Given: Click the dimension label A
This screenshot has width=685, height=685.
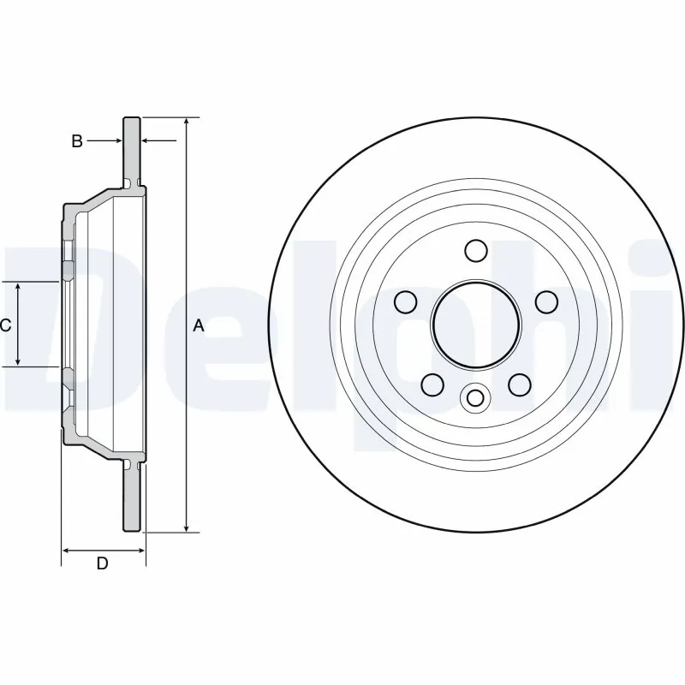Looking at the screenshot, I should click(x=199, y=325).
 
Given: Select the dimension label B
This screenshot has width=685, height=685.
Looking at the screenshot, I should click(x=76, y=141).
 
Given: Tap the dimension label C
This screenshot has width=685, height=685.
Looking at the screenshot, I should click(x=5, y=325).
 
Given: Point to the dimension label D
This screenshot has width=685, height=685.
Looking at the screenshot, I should click(x=102, y=563).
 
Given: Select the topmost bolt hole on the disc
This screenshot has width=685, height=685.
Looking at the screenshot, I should click(x=475, y=250).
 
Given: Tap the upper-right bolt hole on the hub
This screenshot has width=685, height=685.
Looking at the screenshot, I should click(x=545, y=301).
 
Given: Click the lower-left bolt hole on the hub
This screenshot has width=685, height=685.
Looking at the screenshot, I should click(x=432, y=384).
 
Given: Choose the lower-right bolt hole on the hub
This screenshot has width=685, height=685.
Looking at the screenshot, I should click(x=519, y=384).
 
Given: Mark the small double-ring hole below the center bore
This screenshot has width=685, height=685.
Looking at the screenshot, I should click(x=474, y=397).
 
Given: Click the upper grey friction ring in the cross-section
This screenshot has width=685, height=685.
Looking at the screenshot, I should click(x=132, y=150).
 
